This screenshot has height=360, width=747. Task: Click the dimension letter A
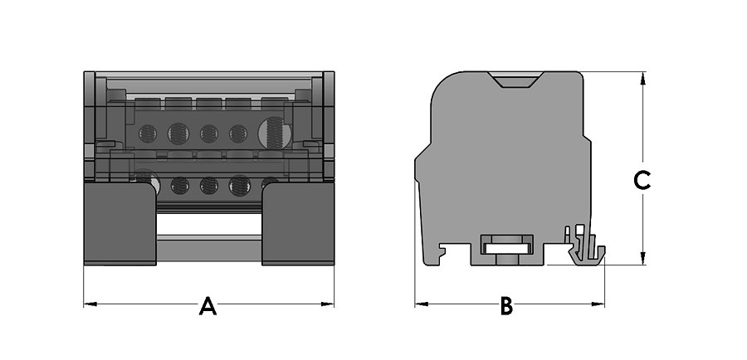[x=207, y=306]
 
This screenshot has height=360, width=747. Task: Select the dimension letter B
[x=506, y=306]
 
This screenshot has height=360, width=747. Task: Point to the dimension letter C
[x=642, y=181]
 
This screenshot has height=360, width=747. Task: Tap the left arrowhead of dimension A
[x=90, y=304]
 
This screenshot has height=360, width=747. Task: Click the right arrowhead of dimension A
[x=328, y=304]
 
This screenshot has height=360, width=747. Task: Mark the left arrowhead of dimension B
[x=421, y=304]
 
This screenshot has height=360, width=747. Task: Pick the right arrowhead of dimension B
[x=598, y=304]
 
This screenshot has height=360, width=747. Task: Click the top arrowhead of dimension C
[x=642, y=79]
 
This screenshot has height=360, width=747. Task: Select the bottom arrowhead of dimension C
[x=642, y=258]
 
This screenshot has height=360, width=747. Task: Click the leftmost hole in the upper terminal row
[x=148, y=134]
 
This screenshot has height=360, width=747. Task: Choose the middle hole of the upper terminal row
[x=209, y=134]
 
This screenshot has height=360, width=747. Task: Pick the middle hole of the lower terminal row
[x=209, y=186]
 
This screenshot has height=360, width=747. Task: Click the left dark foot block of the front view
[x=120, y=223]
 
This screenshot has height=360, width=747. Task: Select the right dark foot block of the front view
[x=298, y=223]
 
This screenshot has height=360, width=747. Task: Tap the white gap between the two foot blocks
[x=209, y=225]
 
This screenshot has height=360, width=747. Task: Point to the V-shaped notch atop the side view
[x=517, y=80]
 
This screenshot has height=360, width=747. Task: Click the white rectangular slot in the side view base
[x=507, y=248]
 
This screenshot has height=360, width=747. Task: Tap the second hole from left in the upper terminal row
[x=178, y=134]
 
